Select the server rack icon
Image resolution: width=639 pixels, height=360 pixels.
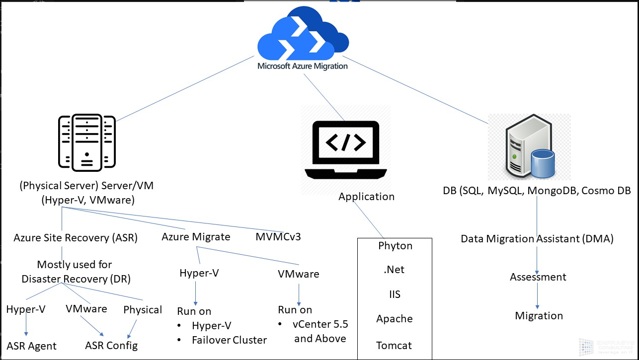click(87, 142)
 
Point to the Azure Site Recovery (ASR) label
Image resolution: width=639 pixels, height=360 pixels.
click(76, 238)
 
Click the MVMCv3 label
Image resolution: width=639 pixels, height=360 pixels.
click(278, 237)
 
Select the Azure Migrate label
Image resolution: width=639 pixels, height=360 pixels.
click(196, 237)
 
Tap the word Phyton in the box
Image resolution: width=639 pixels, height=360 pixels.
click(395, 246)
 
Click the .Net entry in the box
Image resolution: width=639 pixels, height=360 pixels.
click(394, 270)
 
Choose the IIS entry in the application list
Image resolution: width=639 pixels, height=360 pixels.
click(395, 294)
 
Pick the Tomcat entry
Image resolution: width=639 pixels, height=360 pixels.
click(394, 345)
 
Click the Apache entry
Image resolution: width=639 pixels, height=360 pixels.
click(395, 319)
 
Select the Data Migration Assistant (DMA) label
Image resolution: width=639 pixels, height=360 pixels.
click(537, 239)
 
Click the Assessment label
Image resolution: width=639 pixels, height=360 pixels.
click(538, 277)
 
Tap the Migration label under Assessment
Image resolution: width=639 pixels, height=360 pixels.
click(539, 316)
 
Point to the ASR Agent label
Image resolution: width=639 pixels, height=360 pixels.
click(31, 346)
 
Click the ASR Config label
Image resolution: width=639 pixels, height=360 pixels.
click(111, 346)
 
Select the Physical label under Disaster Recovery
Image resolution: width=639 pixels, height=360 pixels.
click(143, 310)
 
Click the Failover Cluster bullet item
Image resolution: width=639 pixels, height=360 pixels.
click(229, 340)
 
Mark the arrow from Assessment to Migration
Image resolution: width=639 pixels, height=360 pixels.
click(537, 296)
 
